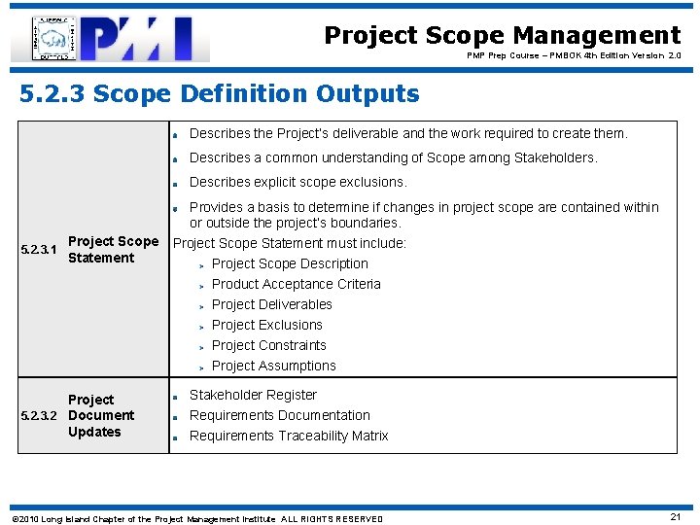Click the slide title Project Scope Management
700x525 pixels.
point(502,36)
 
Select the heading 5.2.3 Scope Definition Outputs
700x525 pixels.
point(220,94)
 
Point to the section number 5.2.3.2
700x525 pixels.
point(40,416)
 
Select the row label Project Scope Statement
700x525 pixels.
point(113,250)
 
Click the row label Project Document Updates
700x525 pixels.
point(100,416)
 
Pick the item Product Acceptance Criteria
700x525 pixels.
point(296,284)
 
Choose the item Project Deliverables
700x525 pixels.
point(271,304)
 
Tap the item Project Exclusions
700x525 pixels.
point(266,325)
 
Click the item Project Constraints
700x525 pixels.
point(268,345)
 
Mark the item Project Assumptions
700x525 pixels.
point(273,366)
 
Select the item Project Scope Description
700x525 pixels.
point(290,263)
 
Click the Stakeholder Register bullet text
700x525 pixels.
point(253,395)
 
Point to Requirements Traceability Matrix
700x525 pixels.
point(288,436)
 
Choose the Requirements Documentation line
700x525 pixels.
point(279,415)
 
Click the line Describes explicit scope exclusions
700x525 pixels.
point(297,182)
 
